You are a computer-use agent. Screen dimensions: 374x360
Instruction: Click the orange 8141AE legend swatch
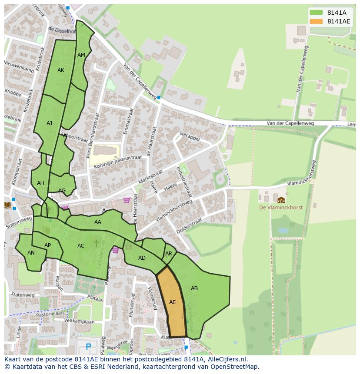317,21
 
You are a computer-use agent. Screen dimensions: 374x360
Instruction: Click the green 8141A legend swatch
317,13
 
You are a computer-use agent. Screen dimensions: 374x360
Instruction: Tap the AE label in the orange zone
173,302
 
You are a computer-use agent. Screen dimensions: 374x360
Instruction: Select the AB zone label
194,288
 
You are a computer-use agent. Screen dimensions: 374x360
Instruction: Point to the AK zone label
61,70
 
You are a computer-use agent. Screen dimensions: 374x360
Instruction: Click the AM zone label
81,55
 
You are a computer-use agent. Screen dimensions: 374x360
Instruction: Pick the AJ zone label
49,123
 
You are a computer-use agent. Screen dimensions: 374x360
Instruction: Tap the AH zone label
40,183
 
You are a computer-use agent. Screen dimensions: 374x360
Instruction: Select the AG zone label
62,191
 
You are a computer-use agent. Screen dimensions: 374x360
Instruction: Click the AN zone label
31,253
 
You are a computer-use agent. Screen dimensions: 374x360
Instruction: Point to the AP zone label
48,245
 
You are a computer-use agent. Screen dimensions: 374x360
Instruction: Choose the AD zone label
142,258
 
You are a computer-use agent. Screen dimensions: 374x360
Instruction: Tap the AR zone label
169,254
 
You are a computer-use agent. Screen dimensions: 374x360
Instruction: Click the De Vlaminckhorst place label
280,208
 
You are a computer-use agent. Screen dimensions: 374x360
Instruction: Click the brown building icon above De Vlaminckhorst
281,200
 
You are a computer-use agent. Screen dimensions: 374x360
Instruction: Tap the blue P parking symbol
89,347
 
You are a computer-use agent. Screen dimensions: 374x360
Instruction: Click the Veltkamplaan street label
79,322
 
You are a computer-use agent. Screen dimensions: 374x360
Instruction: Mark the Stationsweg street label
19,223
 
